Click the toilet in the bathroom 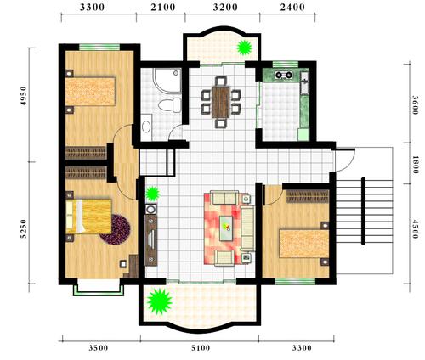170,104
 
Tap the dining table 220,102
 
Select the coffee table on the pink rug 229,228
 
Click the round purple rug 116,229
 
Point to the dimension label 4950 24,96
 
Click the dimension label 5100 201,348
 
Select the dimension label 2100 163,8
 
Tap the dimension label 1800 416,165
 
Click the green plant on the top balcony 244,48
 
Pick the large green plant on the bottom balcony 160,301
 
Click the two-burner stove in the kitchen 284,75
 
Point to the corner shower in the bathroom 167,80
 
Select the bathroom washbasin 146,127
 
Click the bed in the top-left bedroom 90,91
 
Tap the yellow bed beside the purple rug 88,217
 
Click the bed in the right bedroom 304,244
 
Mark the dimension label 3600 416,105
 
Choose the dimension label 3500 99,348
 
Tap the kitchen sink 304,82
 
